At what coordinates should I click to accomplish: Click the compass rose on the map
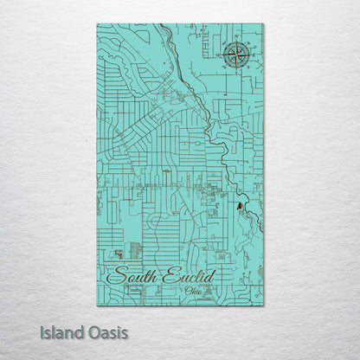point(235,56)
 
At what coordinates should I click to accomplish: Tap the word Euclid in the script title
point(184,277)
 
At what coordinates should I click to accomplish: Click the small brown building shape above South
point(116,254)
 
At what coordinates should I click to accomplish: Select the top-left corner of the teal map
point(97,24)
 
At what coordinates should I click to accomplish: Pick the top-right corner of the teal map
point(263,24)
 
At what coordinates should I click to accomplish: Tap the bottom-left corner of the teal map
point(97,306)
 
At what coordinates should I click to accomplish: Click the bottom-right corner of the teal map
point(263,306)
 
